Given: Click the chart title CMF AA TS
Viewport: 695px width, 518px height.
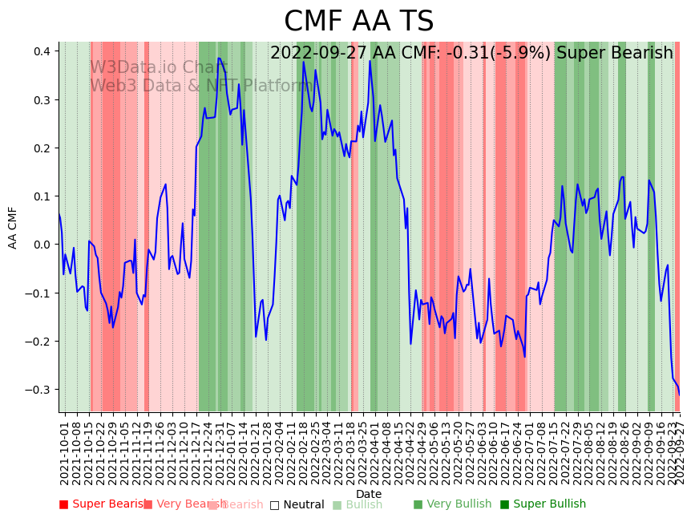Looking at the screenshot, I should click(x=358, y=22).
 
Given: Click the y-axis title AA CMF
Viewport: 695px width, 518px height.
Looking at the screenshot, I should click(x=13, y=227).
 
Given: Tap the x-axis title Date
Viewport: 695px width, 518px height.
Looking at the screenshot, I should click(x=369, y=494).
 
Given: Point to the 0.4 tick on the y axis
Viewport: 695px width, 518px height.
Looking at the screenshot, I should click(x=42, y=51).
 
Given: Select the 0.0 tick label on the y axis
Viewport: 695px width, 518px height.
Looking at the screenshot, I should click(x=42, y=245).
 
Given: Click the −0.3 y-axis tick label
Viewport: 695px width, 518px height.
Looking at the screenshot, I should click(x=38, y=390).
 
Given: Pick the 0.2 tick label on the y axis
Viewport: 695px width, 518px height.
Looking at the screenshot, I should click(x=42, y=148).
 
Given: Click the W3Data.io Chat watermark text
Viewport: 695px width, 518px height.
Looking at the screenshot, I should click(x=159, y=68).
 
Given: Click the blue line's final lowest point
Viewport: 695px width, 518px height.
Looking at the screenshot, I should click(x=679, y=394).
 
